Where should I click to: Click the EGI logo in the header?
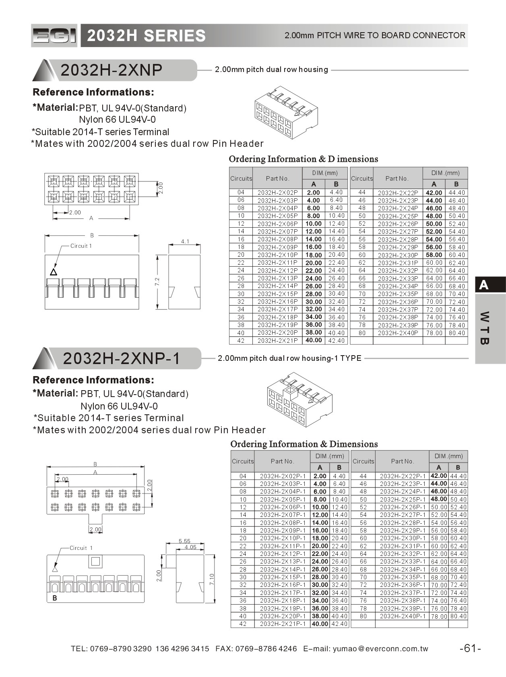(54, 36)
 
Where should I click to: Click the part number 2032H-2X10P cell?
(277, 255)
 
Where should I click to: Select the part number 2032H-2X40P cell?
(398, 333)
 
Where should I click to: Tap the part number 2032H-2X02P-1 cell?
(282, 476)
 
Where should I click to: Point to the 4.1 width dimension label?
(185, 242)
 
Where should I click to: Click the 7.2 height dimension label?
(157, 282)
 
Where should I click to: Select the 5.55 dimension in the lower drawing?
(184, 541)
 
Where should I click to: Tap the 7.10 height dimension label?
(212, 579)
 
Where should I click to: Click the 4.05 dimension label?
(190, 547)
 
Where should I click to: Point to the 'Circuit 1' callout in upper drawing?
(81, 246)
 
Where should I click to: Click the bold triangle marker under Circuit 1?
(54, 272)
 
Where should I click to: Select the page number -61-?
(470, 648)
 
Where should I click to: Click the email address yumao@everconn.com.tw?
(380, 648)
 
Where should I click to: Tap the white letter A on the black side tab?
(484, 285)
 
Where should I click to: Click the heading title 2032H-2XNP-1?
(122, 358)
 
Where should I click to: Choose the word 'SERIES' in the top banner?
(175, 36)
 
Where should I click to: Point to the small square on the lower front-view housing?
(95, 561)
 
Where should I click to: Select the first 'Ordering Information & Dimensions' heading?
(303, 159)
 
